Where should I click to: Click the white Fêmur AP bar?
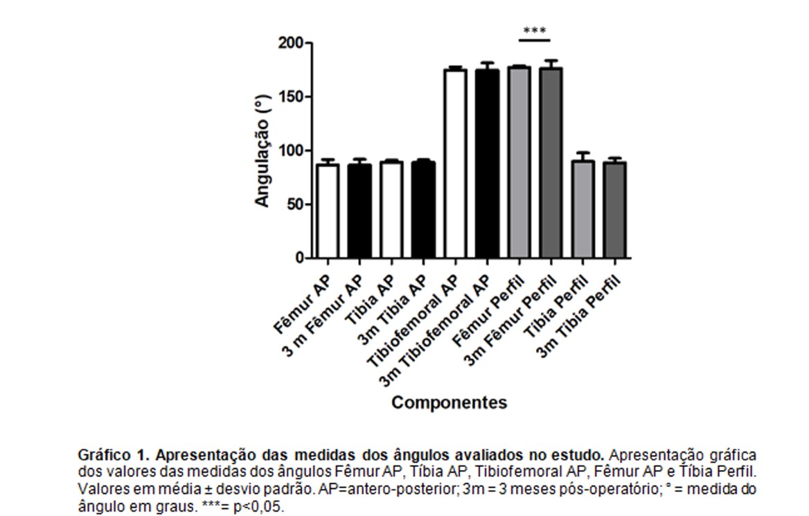[328, 211]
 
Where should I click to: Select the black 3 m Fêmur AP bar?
[359, 211]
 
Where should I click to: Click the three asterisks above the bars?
[535, 31]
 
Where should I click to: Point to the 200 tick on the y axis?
[291, 44]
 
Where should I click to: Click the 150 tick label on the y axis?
[291, 97]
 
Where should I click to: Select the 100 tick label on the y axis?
[291, 151]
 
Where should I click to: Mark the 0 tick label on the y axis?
[300, 258]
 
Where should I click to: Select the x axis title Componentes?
[449, 402]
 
